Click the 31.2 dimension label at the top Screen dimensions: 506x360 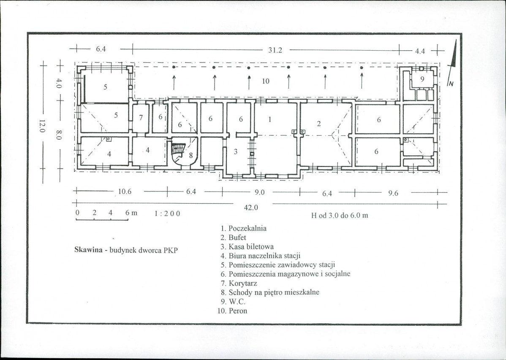pyautogui.click(x=275, y=50)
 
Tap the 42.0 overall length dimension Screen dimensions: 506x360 pyautogui.click(x=251, y=207)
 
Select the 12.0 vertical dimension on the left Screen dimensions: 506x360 pyautogui.click(x=42, y=126)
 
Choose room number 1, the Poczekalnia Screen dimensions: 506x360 pyautogui.click(x=269, y=120)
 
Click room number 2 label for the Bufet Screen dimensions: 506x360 pyautogui.click(x=319, y=124)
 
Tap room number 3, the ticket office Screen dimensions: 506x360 pyautogui.click(x=236, y=151)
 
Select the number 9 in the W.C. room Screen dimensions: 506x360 pyautogui.click(x=422, y=79)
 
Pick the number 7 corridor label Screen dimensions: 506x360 pyautogui.click(x=141, y=118)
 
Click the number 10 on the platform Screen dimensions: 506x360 pyautogui.click(x=266, y=81)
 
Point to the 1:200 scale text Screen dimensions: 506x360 pyautogui.click(x=167, y=213)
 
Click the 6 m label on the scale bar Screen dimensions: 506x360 pyautogui.click(x=131, y=213)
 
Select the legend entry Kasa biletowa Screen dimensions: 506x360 pyautogui.click(x=251, y=247)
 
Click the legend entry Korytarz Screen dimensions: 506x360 pyautogui.click(x=243, y=284)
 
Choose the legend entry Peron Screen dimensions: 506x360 pyautogui.click(x=238, y=311)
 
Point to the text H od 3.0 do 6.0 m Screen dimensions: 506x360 pyautogui.click(x=340, y=215)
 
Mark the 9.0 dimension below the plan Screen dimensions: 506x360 pyautogui.click(x=259, y=192)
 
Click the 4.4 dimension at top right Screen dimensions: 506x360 pyautogui.click(x=420, y=51)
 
